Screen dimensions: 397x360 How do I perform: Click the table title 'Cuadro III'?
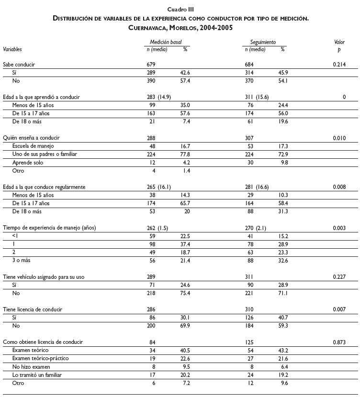[180, 10]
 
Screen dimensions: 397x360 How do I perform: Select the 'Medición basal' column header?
[166, 43]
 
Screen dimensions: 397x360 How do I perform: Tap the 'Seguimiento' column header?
[263, 43]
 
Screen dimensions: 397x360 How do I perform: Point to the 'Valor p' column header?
[339, 45]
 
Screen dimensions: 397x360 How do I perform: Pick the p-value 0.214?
[339, 64]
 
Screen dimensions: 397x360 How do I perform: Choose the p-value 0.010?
[339, 137]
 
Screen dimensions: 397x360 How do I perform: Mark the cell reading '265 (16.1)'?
[160, 186]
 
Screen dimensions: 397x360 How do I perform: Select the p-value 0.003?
[339, 227]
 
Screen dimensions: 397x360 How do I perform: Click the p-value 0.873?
[339, 342]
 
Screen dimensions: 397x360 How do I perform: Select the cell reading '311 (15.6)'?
[257, 97]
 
